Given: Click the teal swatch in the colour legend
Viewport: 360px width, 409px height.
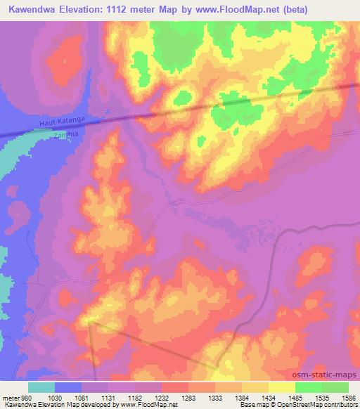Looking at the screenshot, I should click(x=41, y=388).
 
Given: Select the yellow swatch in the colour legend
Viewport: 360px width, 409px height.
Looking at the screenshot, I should click(x=282, y=388).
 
